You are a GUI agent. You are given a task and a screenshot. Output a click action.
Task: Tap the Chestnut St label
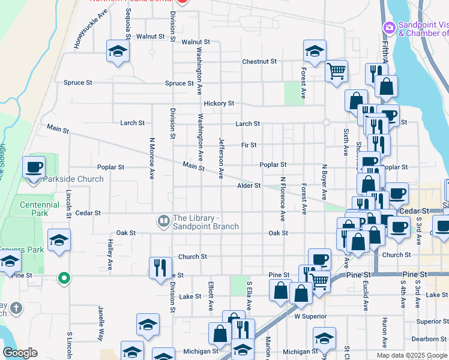pos(259,61)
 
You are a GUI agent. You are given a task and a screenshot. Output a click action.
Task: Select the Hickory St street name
pos(218,103)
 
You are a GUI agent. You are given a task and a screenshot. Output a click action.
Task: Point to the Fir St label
pos(249,145)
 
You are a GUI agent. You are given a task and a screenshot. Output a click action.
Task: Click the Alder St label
pos(249,185)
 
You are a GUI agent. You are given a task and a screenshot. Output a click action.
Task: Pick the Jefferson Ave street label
pos(221,158)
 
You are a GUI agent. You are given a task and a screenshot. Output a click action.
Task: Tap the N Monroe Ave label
pos(152,158)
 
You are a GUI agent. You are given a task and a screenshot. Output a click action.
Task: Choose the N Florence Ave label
pos(282,198)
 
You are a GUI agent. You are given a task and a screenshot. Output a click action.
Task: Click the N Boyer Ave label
pos(324,182)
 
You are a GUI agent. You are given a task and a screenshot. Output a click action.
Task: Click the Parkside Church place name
pos(73,179)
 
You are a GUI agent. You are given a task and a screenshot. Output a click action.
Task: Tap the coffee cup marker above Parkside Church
pos(34,167)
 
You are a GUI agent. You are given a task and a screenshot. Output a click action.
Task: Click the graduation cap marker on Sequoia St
pos(118,51)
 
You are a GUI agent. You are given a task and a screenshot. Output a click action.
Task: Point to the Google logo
pos(20,353)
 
